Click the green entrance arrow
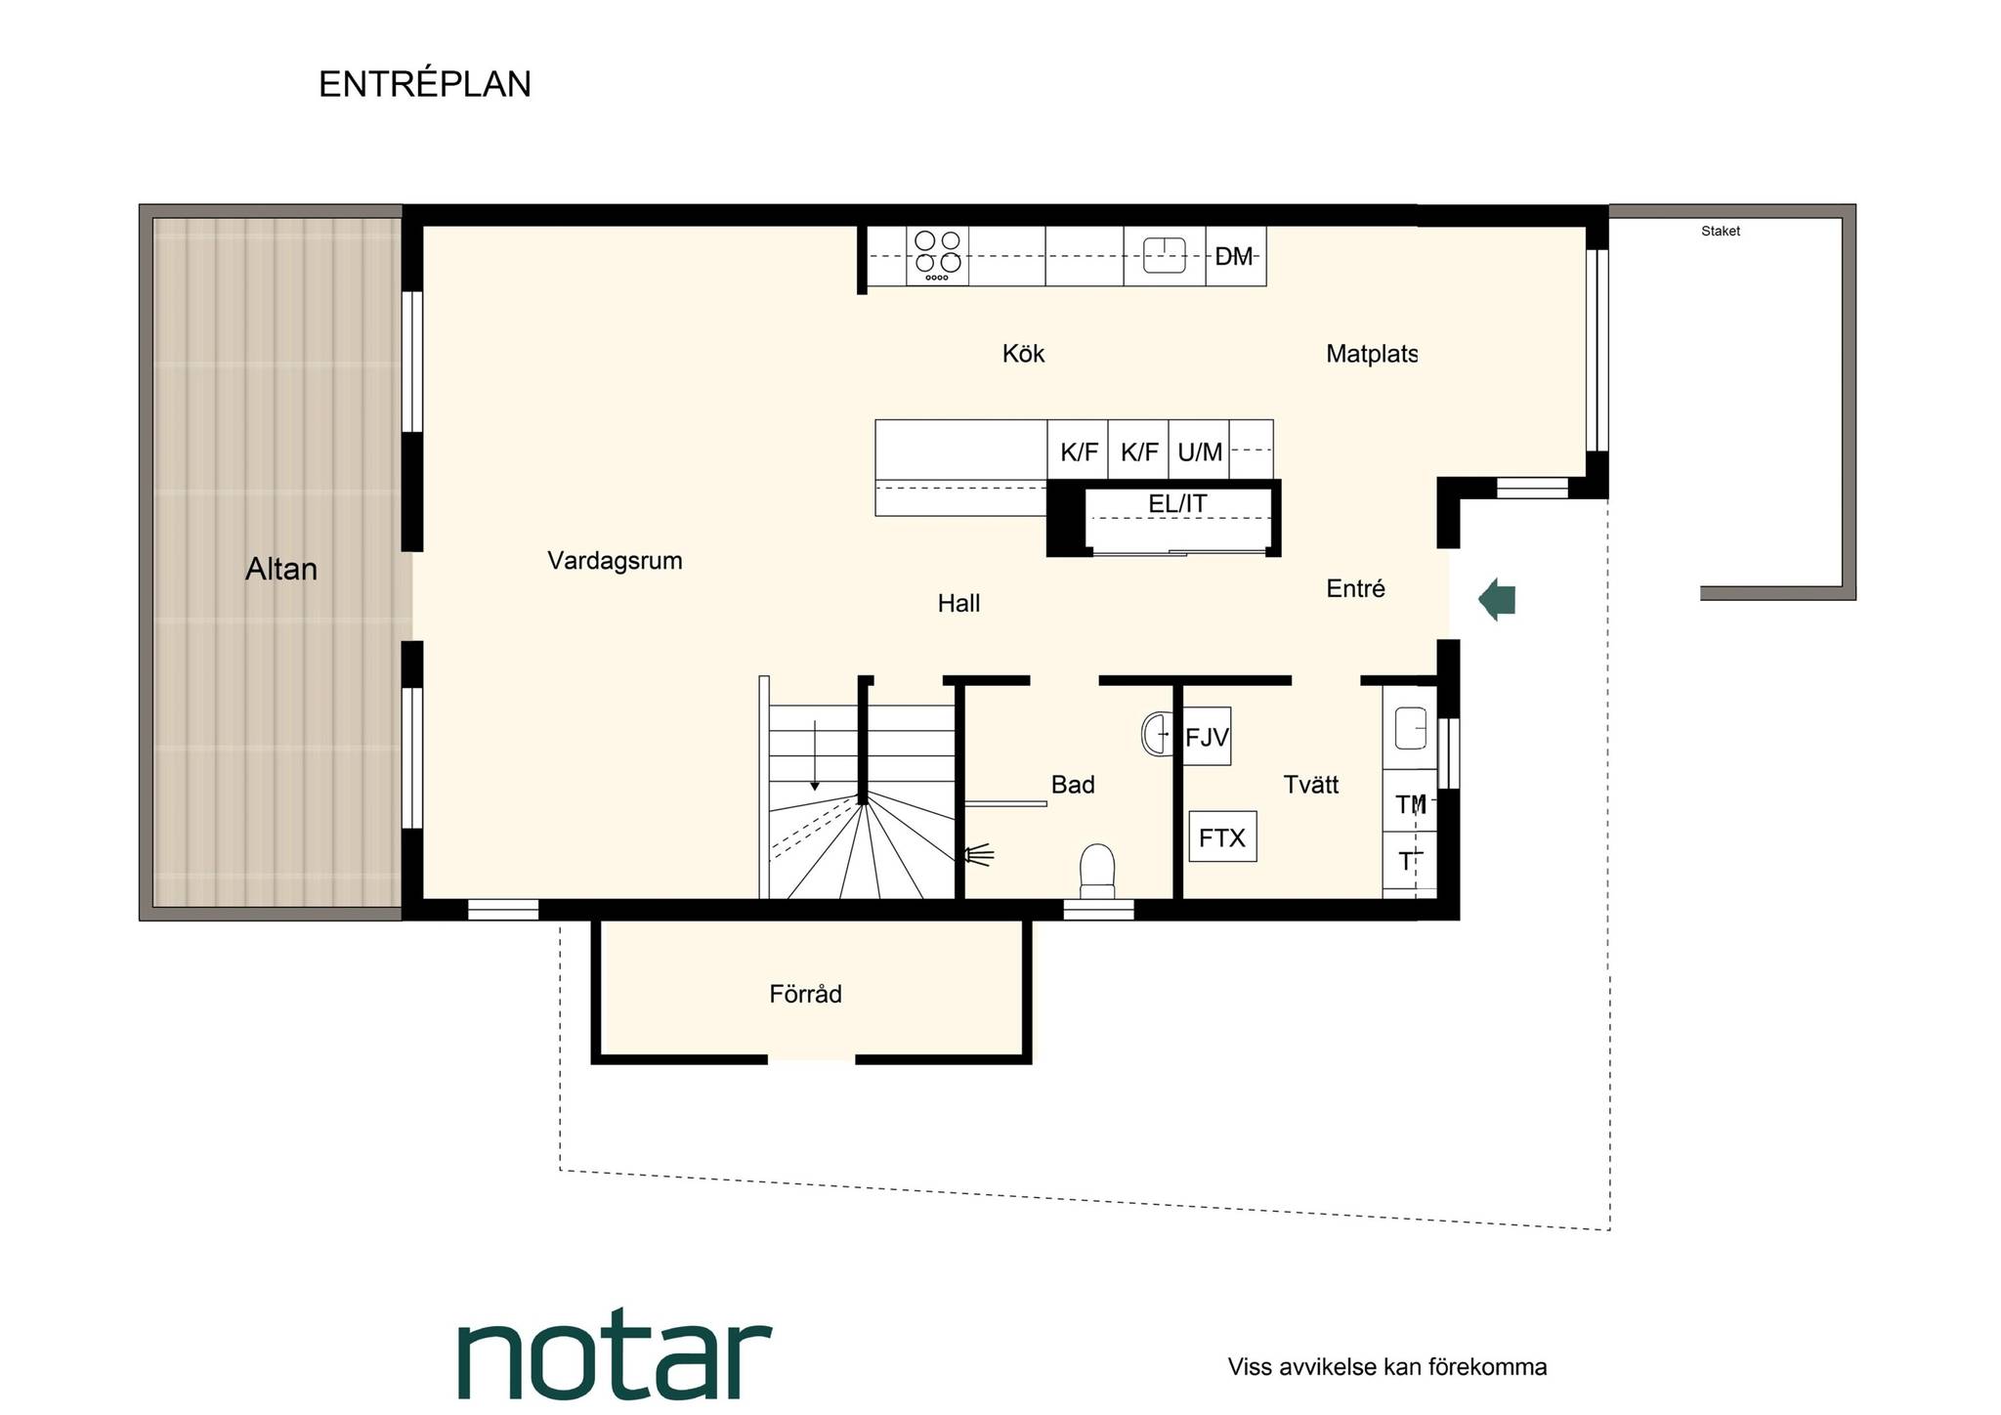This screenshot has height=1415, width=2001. [x=1497, y=599]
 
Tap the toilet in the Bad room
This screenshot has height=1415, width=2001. [x=1097, y=870]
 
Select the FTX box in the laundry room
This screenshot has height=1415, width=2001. [x=1222, y=836]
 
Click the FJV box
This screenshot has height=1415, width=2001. [x=1207, y=737]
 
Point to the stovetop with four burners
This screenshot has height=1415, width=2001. [x=938, y=255]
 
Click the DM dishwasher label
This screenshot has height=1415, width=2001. [x=1234, y=256]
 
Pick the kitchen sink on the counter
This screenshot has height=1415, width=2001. [x=1164, y=255]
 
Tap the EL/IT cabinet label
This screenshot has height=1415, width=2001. [x=1177, y=503]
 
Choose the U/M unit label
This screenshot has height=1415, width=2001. [x=1200, y=452]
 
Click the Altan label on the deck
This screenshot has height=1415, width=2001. [x=281, y=569]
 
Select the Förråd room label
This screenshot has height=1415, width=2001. [x=805, y=993]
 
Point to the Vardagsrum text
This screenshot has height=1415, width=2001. [x=615, y=561]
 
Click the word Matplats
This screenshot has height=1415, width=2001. [x=1372, y=354]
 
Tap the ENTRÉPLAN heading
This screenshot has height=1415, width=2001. [x=425, y=84]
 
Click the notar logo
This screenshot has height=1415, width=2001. [x=615, y=1353]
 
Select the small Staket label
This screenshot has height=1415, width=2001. [x=1721, y=232]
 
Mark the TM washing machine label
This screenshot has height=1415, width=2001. [x=1411, y=804]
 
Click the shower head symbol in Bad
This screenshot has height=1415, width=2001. [x=978, y=855]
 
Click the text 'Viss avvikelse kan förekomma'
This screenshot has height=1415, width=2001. [x=1387, y=1366]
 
